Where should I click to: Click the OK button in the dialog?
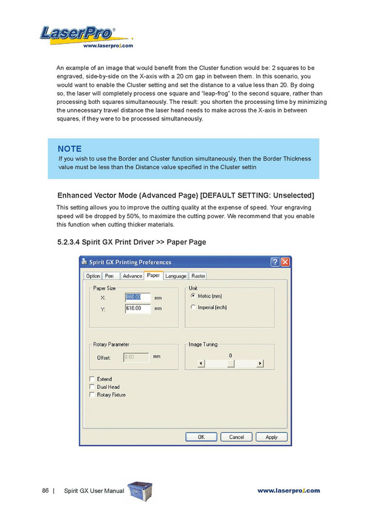(201, 437)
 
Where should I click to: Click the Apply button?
(272, 437)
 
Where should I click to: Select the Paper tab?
(153, 276)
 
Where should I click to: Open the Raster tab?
(199, 276)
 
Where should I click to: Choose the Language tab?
(176, 276)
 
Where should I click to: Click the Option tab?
(93, 276)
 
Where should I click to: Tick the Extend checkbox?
(92, 379)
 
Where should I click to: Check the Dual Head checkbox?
(92, 387)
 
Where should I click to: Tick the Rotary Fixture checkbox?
(92, 394)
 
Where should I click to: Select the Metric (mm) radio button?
(193, 296)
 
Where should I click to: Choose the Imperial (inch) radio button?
(193, 307)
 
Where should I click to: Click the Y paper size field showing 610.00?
(137, 309)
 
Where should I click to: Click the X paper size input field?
(137, 297)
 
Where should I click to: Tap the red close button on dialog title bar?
(285, 262)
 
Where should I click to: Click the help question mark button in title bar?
(275, 262)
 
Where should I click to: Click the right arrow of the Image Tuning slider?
(260, 363)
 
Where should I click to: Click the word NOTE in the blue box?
(69, 149)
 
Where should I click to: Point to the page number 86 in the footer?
(46, 490)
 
